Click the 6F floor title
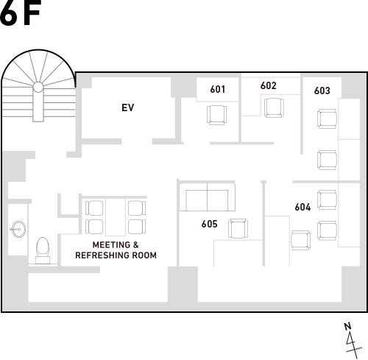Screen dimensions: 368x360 pos(20,13)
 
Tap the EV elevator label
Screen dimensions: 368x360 pos(128,107)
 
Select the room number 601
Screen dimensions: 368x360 pos(218,89)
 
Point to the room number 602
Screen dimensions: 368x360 pos(269,85)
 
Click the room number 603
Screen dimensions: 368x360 pos(322,91)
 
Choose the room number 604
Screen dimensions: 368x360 pos(302,207)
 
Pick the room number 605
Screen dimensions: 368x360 pos(210,224)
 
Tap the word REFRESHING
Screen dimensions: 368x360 pos(102,255)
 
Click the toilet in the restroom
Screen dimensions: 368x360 pos(43,250)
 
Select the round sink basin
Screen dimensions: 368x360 pos(19,230)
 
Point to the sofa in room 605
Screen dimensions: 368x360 pos(208,197)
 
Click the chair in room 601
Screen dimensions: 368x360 pos(216,115)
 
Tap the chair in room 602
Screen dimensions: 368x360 pos(274,107)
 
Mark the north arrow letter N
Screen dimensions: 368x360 pos(347,327)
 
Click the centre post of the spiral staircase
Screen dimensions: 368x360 pos(38,87)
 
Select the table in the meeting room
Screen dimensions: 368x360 pos(116,217)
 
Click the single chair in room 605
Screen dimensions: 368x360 pos(238,228)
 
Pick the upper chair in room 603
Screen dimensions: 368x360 pos(327,119)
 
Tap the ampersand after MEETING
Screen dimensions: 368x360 pos(136,245)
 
